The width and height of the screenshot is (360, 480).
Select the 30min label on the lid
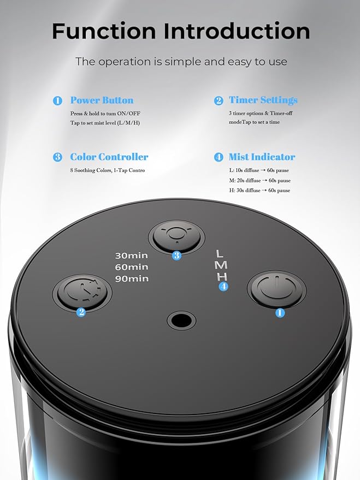131,256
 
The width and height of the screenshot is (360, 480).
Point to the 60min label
131,267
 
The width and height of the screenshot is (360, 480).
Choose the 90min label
131,278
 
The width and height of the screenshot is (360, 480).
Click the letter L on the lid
220,254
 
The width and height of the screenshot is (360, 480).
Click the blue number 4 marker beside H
223,286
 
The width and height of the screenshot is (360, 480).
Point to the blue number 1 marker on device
280,313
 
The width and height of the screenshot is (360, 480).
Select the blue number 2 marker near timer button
81,312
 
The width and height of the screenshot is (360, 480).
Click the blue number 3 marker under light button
176,256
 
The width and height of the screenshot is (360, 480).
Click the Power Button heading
102,100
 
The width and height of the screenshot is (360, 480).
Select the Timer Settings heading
263,100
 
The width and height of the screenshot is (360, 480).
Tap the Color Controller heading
109,157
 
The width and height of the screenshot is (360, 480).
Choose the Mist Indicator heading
262,157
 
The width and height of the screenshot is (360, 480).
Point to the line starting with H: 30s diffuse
259,191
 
